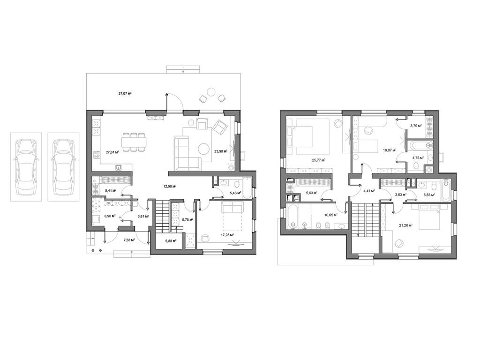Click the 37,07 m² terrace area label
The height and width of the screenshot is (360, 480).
(x=125, y=94)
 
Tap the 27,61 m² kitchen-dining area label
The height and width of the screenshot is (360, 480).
(x=112, y=152)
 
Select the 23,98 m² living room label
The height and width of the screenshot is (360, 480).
(x=221, y=151)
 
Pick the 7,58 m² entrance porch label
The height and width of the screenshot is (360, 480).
(x=129, y=240)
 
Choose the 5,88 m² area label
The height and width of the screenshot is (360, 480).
(x=171, y=241)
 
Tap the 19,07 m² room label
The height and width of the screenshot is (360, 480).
(x=390, y=150)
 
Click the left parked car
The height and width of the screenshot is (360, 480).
(x=26, y=166)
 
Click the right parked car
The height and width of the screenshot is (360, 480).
(x=63, y=166)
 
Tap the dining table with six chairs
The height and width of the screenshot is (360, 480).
(x=134, y=142)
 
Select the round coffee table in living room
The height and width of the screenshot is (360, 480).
(x=203, y=149)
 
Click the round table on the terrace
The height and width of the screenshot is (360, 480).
(x=211, y=91)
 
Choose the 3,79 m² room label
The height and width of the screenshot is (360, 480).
(x=416, y=126)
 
